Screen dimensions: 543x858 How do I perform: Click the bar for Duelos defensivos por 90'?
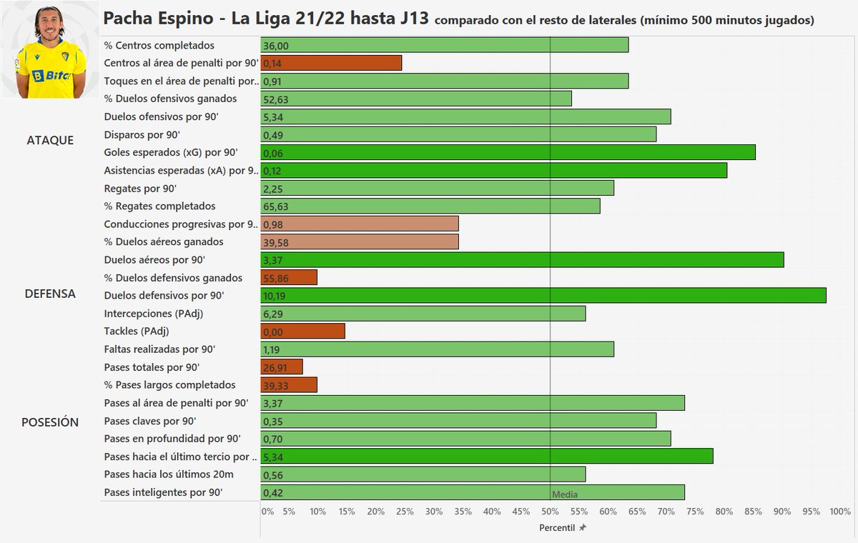tap(543, 296)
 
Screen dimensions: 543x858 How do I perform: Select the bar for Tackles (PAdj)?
tap(303, 332)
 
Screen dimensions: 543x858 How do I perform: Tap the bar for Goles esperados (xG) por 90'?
tap(508, 153)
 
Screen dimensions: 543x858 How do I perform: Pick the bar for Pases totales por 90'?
tap(282, 367)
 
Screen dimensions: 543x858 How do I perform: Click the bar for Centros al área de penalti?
tap(331, 64)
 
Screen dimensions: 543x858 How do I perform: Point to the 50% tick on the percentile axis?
tap(550, 512)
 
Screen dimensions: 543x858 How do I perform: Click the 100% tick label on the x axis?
tap(840, 512)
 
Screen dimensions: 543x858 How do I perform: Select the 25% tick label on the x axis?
tap(405, 512)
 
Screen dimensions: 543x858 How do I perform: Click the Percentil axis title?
tap(558, 527)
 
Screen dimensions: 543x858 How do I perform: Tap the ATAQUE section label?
tap(50, 140)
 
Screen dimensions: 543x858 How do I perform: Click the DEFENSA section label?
tap(50, 294)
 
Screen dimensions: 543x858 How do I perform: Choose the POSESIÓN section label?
tap(50, 422)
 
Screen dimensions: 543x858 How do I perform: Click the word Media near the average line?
tap(565, 494)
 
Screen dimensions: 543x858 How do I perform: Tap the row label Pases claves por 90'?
tap(149, 421)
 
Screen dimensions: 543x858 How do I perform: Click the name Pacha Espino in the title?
tap(157, 18)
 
